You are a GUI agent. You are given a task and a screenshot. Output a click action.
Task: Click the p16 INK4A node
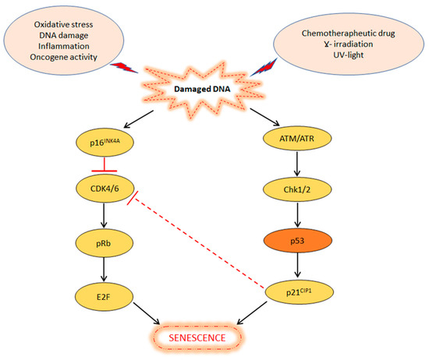point(108,143)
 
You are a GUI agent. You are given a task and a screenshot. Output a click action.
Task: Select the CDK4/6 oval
point(108,187)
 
